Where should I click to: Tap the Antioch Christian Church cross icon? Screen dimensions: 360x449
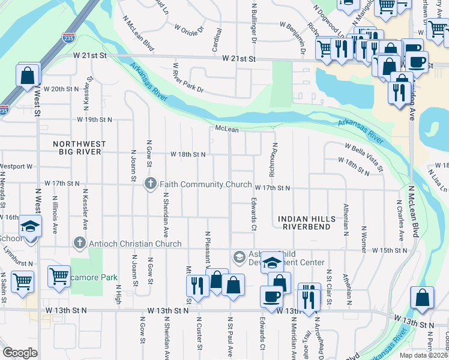(78, 243)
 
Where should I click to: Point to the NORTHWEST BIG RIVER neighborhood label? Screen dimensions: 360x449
(79, 148)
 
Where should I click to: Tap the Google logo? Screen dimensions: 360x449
(20, 353)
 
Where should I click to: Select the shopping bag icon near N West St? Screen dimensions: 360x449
(28, 76)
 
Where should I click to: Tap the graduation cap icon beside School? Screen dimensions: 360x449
(29, 226)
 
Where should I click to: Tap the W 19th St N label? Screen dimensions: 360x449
(94, 120)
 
